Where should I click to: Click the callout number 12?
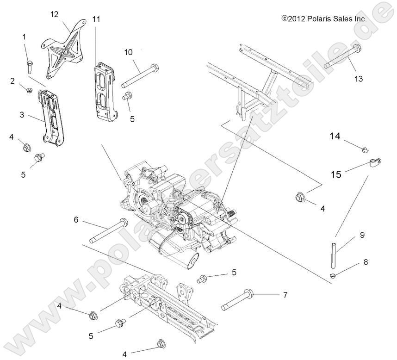click(55, 14)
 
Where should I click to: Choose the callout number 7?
click(285, 294)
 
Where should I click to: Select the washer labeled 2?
click(29, 90)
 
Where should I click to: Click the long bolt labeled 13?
click(342, 57)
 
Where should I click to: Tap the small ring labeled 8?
click(332, 276)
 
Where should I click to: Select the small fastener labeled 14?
click(365, 149)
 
